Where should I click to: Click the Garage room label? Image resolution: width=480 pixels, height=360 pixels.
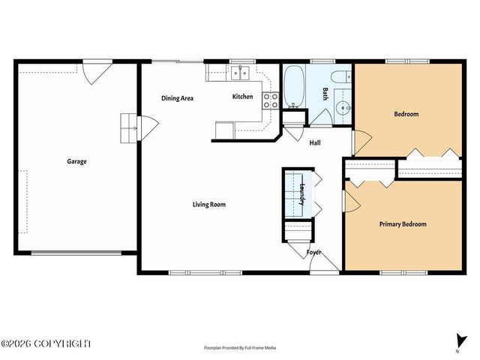coord(76,161)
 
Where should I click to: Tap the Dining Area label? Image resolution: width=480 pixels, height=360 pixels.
coord(178,97)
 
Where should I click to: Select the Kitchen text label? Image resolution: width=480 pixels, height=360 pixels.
coord(242,97)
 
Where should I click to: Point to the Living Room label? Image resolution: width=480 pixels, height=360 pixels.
coord(208,204)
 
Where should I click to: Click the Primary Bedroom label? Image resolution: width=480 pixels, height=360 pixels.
coord(402,224)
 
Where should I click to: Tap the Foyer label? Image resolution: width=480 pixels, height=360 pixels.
coord(313,252)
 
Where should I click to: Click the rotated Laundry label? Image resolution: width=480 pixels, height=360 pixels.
coord(301,194)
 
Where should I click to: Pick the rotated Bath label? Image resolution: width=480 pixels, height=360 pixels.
coord(325,94)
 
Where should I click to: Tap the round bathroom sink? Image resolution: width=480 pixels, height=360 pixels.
coord(343,106)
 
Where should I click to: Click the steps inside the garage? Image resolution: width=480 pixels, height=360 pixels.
coord(130,129)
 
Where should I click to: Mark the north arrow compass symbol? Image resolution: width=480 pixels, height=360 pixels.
coord(458,340)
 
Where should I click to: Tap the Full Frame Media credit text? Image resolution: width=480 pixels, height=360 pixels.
coord(240,348)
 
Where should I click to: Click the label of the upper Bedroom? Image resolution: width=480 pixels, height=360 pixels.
coord(406,114)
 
